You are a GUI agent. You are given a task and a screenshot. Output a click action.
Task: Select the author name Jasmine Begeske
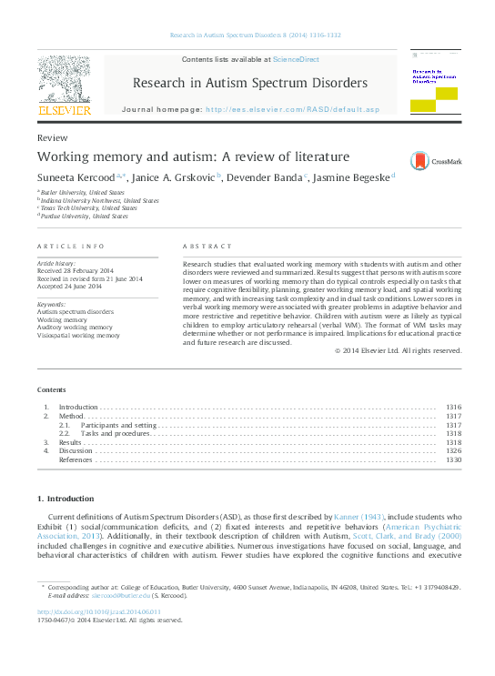click(x=349, y=177)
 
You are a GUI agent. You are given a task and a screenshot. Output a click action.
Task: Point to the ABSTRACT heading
click(x=204, y=247)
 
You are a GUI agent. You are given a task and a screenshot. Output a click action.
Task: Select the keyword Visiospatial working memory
click(x=78, y=336)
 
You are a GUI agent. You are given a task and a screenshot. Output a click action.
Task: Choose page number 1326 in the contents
click(x=453, y=450)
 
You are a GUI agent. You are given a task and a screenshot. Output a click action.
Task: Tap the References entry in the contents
click(x=76, y=459)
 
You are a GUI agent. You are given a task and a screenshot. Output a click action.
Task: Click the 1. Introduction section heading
click(x=65, y=499)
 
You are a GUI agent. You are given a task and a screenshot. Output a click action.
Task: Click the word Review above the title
click(x=53, y=136)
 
